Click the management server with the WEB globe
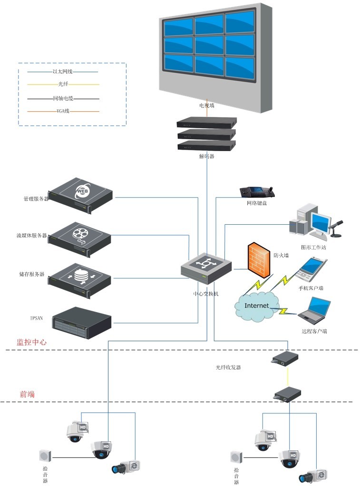[x=81, y=195]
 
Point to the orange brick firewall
[x=260, y=260]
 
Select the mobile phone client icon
[x=311, y=268]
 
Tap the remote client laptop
[x=314, y=311]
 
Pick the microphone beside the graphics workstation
[x=337, y=228]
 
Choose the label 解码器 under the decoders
[x=206, y=156]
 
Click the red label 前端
[x=27, y=394]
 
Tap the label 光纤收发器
[x=228, y=367]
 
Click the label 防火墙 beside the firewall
[x=282, y=255]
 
